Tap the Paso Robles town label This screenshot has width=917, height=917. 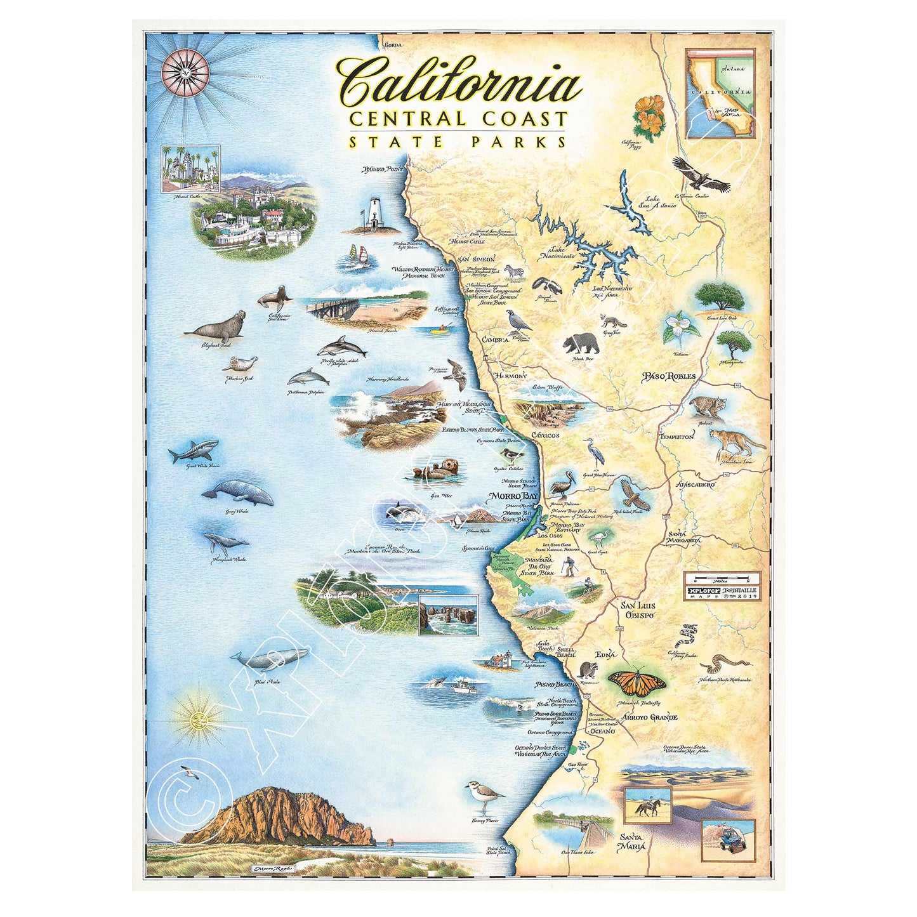tap(669, 376)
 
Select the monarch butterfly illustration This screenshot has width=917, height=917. tap(637, 682)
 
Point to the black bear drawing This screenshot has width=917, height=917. tap(581, 343)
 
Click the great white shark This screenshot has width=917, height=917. tap(194, 451)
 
